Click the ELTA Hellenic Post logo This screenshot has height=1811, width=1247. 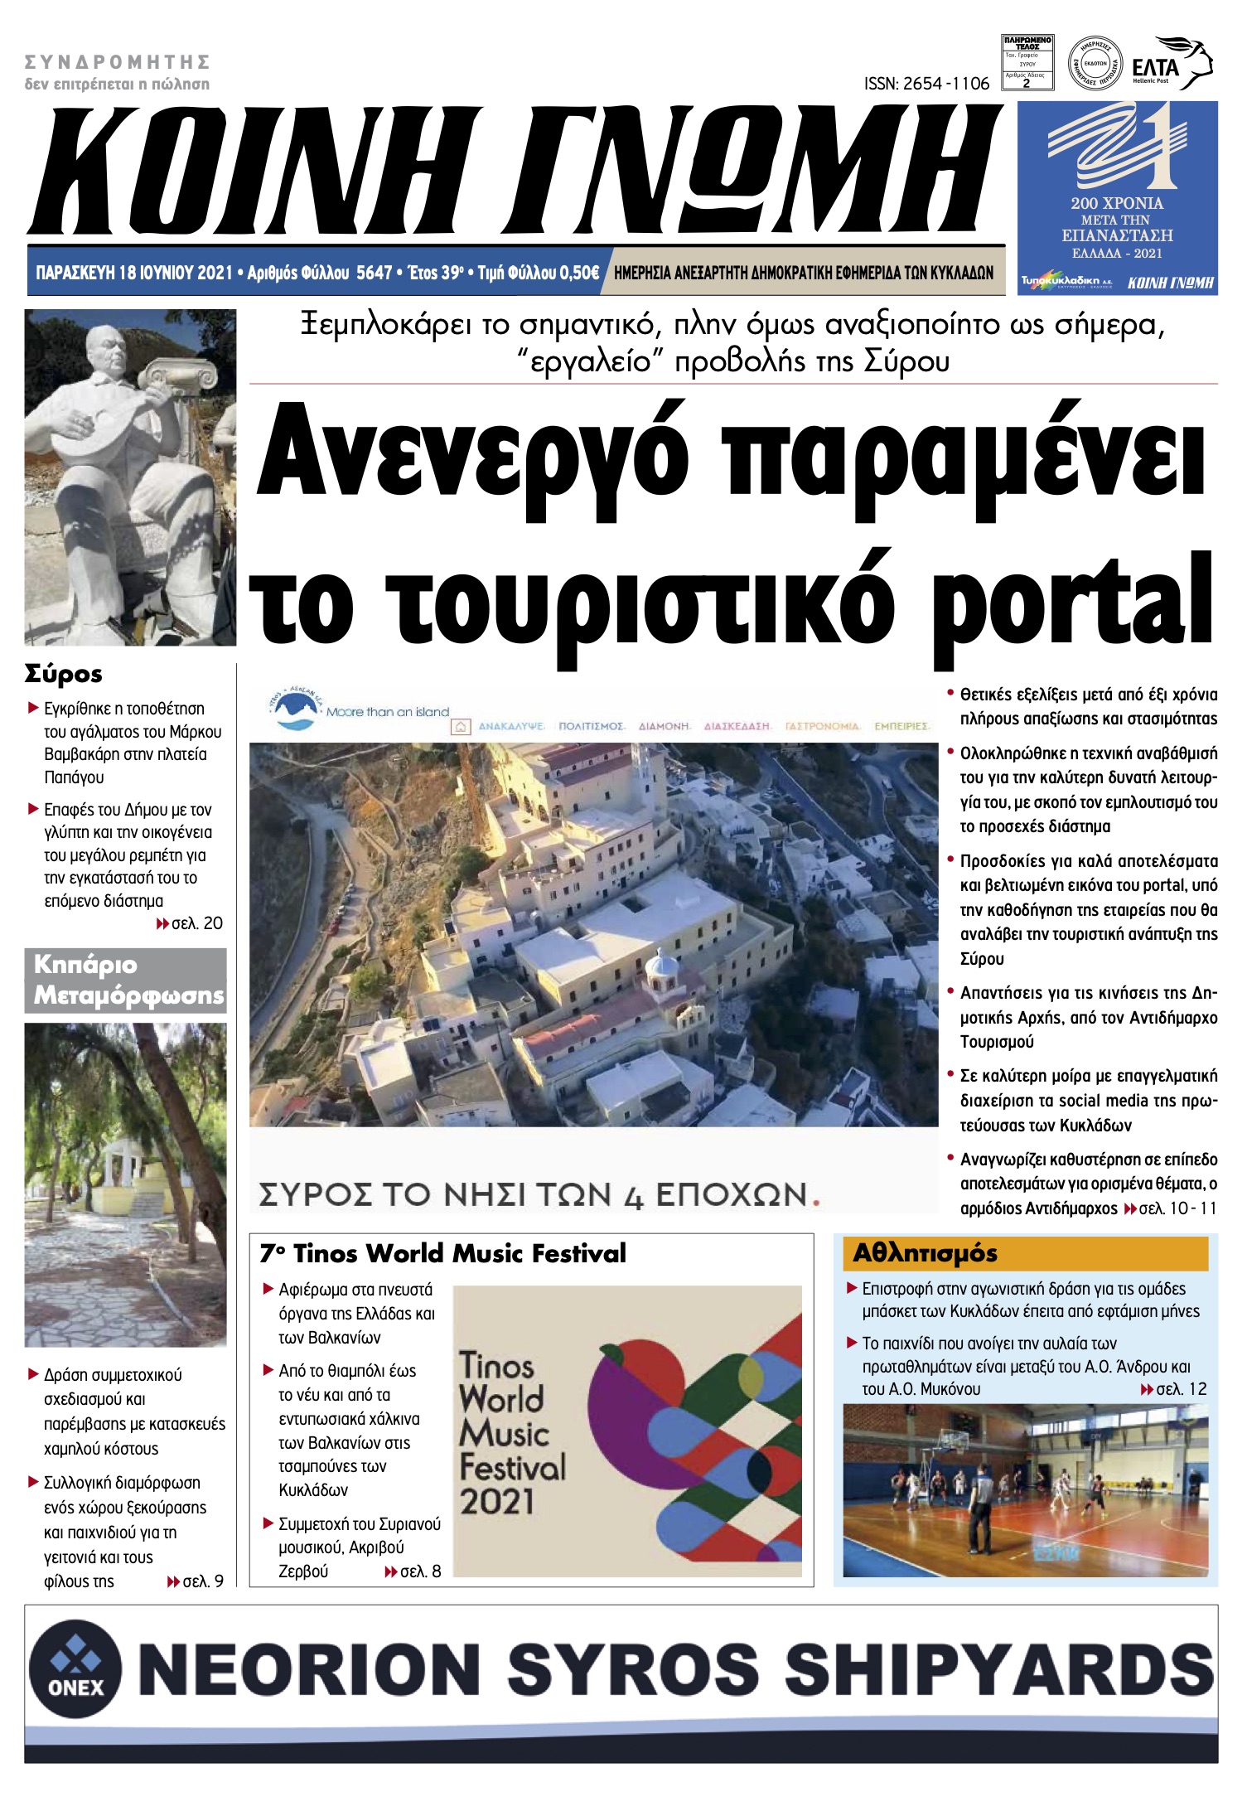tap(1171, 65)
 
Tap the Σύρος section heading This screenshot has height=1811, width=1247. tap(64, 673)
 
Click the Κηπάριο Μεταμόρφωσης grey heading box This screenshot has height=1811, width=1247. tap(126, 981)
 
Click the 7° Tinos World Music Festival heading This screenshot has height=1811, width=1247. tap(443, 1252)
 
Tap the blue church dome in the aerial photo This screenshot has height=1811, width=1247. tap(661, 966)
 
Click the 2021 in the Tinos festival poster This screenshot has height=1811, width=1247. tap(498, 1502)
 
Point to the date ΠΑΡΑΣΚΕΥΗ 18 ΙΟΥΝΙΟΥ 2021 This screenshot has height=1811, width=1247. tap(134, 273)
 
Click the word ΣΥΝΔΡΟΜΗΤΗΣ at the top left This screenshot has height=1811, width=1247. tap(117, 62)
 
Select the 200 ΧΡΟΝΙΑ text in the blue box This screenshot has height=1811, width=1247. tap(1116, 203)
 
